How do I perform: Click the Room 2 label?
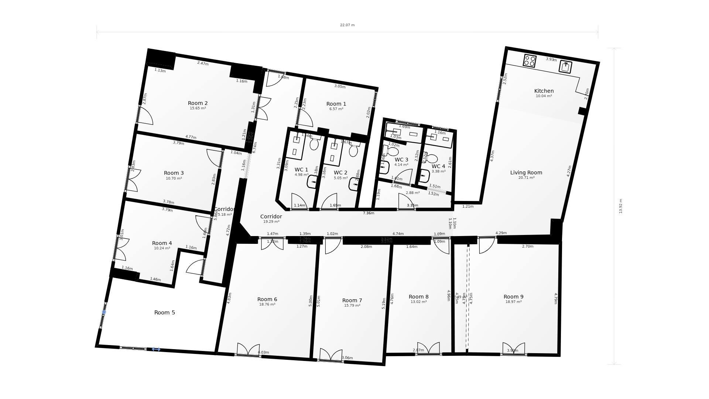[198, 103]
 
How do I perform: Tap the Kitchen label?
[544, 91]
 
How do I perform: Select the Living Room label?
[526, 173]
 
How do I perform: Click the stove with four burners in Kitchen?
[530, 61]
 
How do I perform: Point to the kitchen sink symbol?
[565, 67]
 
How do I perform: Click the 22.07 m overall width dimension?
[347, 25]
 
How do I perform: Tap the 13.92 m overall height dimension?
[621, 206]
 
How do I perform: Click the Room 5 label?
[164, 313]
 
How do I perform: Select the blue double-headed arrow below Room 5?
[156, 349]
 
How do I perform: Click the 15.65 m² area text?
[198, 109]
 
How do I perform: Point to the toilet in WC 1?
[314, 143]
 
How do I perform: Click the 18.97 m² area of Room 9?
[513, 302]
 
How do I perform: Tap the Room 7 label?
[352, 300]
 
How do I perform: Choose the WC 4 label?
[438, 166]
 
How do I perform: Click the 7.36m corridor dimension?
[369, 213]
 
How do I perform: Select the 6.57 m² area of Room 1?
[336, 109]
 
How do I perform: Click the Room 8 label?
[418, 297]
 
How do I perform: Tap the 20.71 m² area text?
[526, 178]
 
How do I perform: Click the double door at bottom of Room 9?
[514, 349]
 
